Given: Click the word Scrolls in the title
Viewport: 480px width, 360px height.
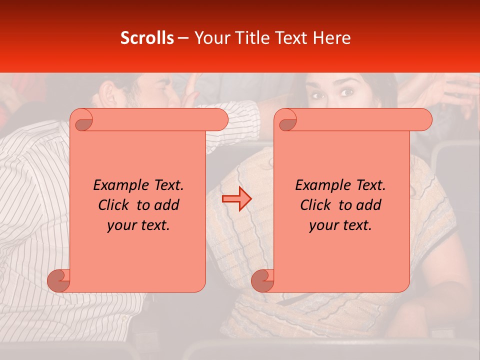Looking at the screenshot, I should coord(147,38).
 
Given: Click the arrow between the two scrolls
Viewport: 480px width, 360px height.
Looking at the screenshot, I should coord(236,199).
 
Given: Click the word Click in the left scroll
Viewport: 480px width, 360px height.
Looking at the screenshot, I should coord(114,205).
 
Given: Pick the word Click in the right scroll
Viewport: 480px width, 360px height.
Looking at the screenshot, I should coord(316,205).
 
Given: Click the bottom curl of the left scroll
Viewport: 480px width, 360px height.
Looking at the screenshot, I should coord(58,280).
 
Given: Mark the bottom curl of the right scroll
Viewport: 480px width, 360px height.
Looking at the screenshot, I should coord(262,280).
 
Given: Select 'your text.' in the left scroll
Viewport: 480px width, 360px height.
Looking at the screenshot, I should coord(138,225).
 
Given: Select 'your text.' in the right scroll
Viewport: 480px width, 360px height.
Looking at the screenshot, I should coord(340,225).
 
